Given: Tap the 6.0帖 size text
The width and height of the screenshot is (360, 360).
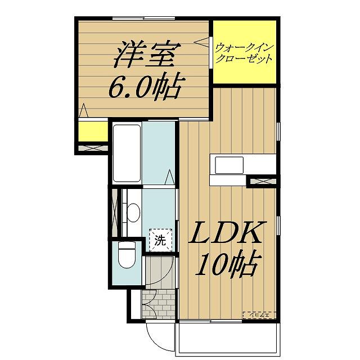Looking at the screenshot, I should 144,87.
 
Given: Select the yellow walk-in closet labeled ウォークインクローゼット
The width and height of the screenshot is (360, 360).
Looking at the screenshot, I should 245,51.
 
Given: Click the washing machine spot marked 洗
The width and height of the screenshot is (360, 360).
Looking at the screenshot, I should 160,242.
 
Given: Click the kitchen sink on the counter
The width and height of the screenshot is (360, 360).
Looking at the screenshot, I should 229,166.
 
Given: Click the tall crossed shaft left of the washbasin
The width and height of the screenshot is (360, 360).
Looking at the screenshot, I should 116,214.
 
